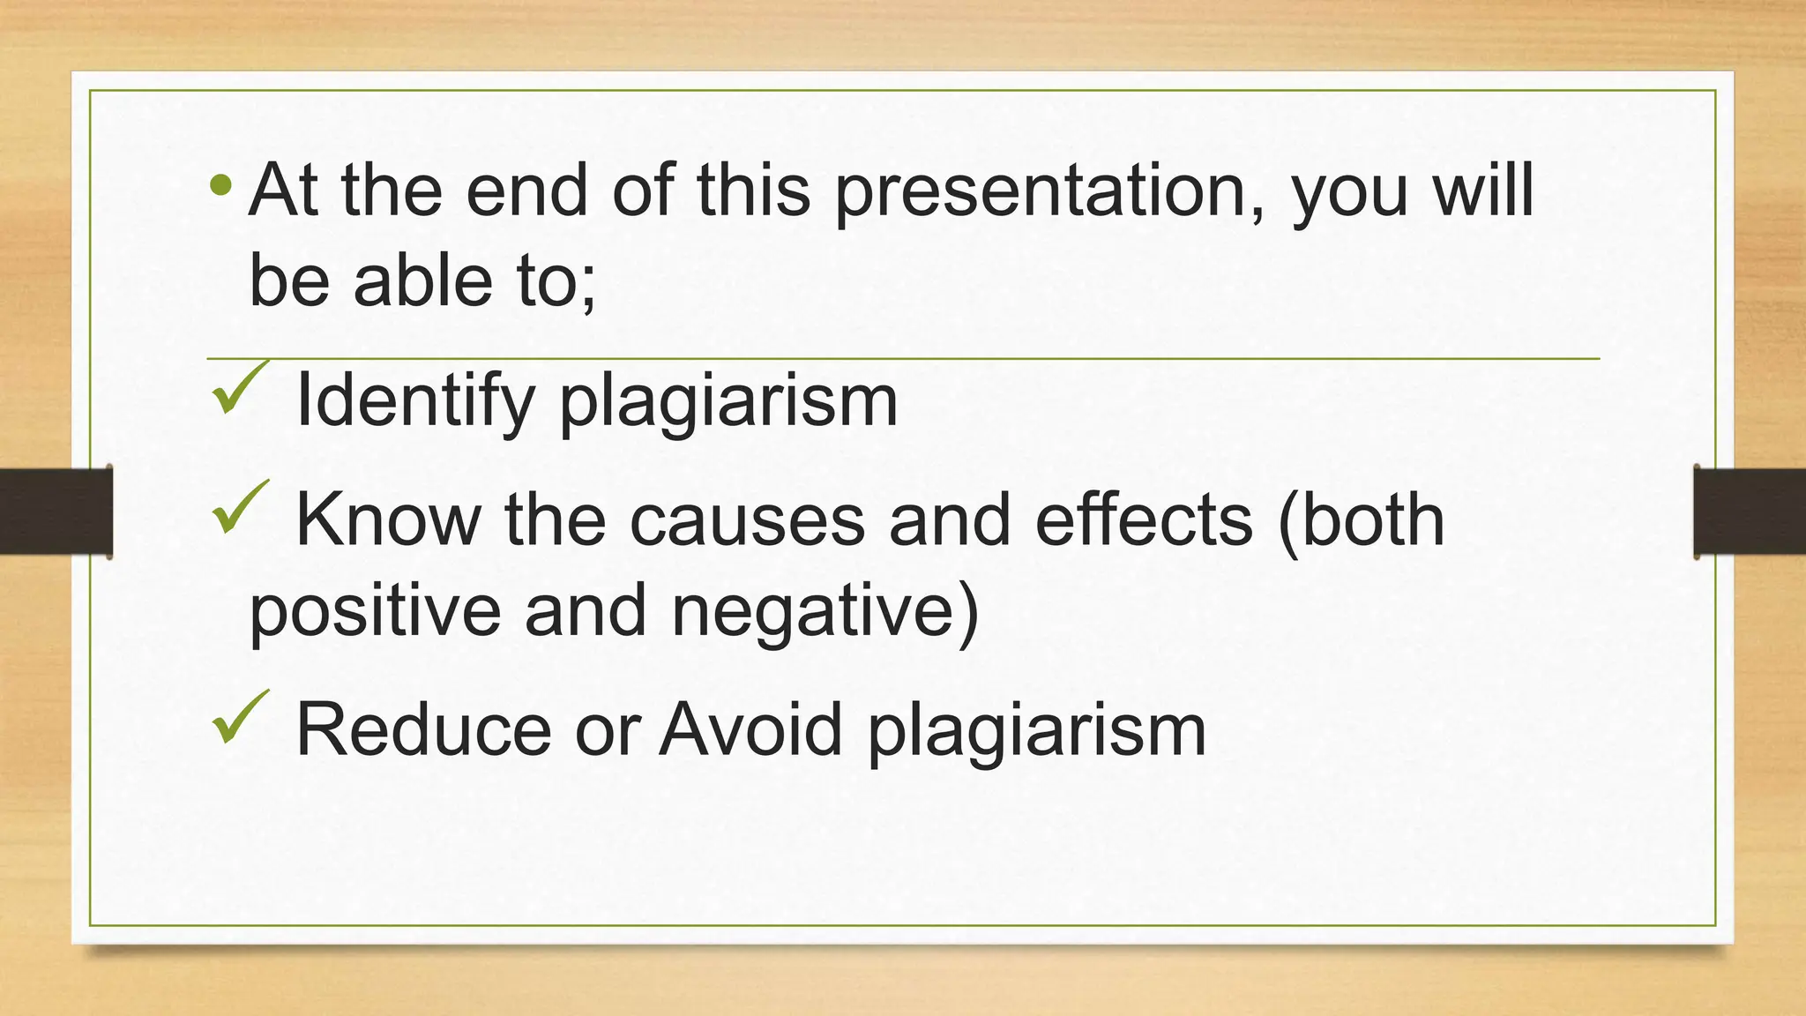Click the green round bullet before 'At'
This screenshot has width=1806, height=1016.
(x=221, y=186)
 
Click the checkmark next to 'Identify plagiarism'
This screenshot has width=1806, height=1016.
(x=238, y=388)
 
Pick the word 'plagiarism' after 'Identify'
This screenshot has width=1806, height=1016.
(x=728, y=403)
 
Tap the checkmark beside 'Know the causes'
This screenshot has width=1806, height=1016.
(x=238, y=508)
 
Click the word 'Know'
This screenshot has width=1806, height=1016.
(x=388, y=520)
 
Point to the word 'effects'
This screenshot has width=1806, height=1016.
(x=1143, y=520)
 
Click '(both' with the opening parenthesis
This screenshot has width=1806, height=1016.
(x=1361, y=520)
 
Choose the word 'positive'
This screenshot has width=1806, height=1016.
(x=375, y=612)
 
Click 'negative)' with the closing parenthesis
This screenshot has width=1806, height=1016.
(x=825, y=612)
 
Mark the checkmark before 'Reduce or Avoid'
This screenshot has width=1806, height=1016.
(x=238, y=716)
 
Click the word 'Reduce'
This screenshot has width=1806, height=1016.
(x=423, y=729)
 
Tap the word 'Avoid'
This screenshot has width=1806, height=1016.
(x=750, y=729)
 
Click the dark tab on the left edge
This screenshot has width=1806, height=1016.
(x=56, y=512)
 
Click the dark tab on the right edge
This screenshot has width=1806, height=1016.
(x=1750, y=512)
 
